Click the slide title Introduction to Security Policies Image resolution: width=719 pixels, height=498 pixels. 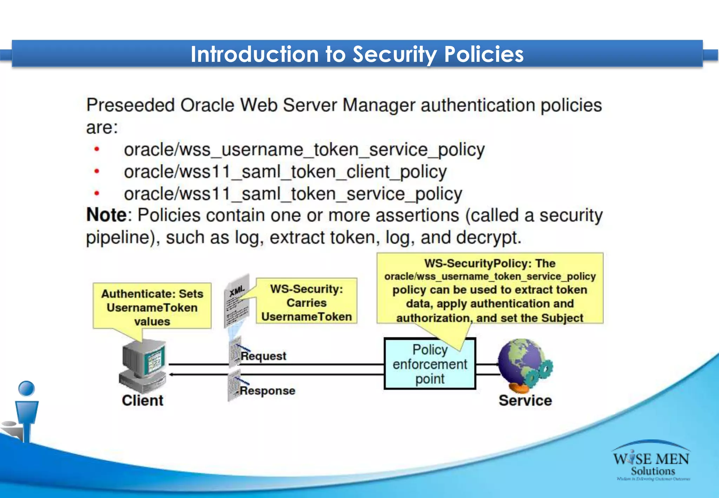pos(357,54)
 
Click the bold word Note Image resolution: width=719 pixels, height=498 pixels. pos(106,215)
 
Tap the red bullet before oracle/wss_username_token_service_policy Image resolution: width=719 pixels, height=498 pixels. pos(97,150)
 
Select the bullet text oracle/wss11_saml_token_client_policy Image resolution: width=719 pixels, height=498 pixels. pos(285,172)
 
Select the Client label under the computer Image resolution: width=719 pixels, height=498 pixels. pos(143,400)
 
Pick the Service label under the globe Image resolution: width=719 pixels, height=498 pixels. pos(525,400)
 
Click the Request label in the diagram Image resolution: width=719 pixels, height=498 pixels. pos(263,356)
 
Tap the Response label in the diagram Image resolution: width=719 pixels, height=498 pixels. pos(268,391)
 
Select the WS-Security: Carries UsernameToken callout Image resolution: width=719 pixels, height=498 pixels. pos(306,302)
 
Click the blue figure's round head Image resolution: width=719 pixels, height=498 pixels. pos(26,389)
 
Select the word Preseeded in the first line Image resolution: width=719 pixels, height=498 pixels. pos(131,105)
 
